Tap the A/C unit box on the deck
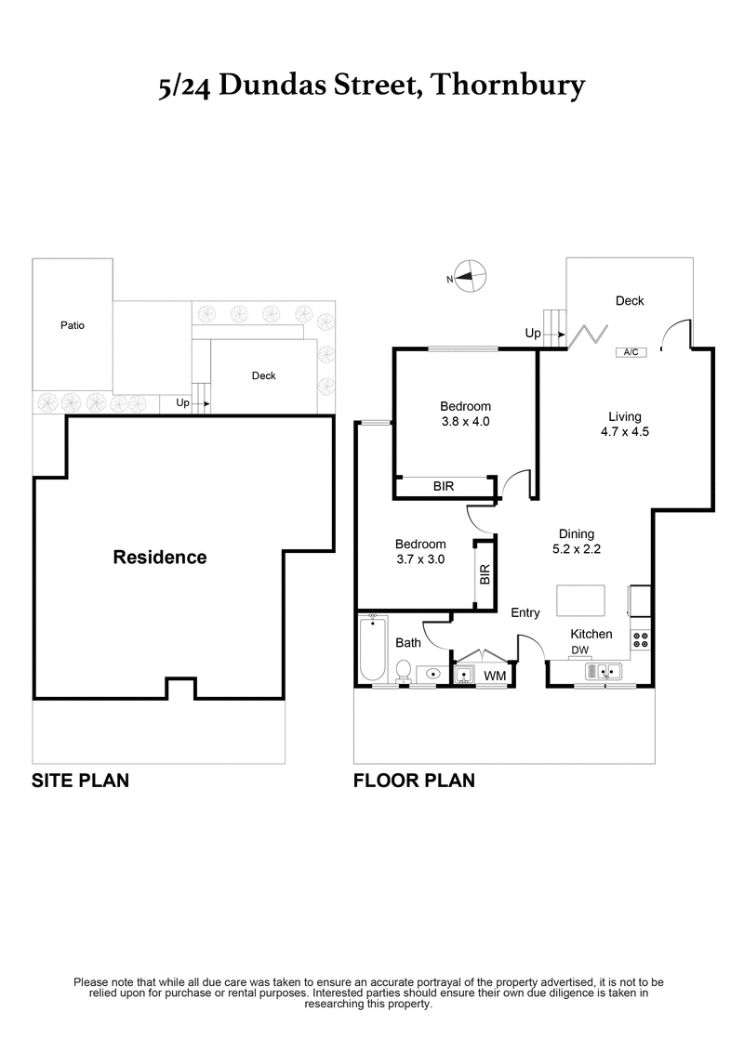[630, 352]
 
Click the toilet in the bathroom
[404, 670]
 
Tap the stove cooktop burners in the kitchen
[640, 638]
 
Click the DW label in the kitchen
[579, 650]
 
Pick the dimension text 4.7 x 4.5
[625, 432]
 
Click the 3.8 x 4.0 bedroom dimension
[465, 421]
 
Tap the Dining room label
[576, 533]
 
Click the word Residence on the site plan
[159, 558]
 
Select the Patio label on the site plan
[73, 326]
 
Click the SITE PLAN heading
[80, 781]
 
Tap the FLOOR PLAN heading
[414, 781]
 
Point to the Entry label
[525, 612]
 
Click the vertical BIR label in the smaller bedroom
[484, 575]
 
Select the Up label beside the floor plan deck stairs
[533, 333]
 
